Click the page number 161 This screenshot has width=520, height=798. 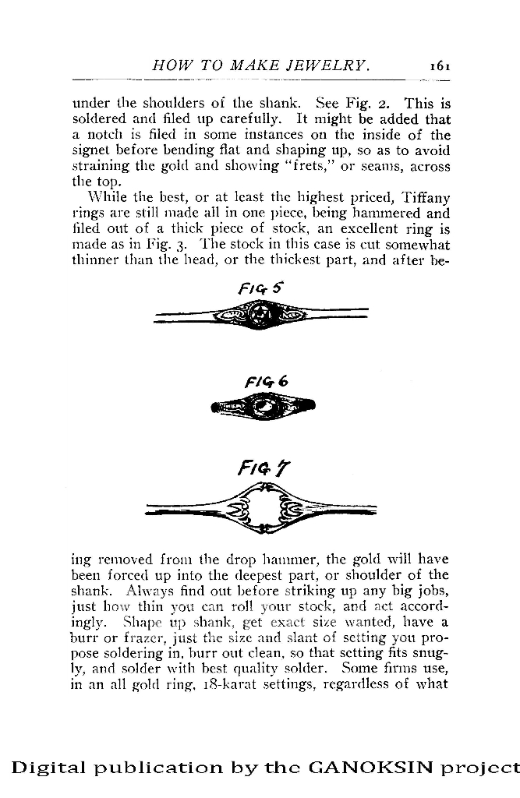click(x=440, y=66)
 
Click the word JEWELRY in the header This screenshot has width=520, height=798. click(x=326, y=66)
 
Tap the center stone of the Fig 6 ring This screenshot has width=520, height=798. click(x=264, y=405)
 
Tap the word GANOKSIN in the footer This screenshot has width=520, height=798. click(x=368, y=767)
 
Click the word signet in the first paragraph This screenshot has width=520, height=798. click(x=88, y=151)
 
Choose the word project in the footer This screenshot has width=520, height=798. click(x=484, y=768)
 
